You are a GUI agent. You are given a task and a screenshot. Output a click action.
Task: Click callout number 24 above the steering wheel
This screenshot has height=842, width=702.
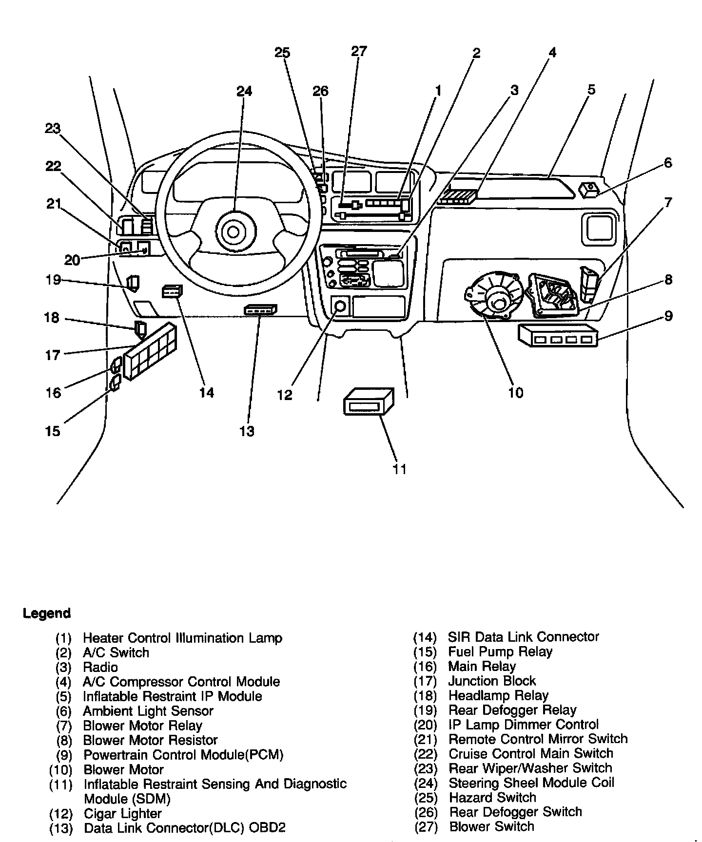coord(244,91)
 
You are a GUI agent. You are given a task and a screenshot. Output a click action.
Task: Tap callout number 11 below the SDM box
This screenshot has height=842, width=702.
coord(399,469)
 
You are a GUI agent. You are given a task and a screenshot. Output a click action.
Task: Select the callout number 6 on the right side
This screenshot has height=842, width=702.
coord(667,163)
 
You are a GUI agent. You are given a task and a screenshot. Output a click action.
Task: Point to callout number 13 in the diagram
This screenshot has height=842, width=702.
coord(247,431)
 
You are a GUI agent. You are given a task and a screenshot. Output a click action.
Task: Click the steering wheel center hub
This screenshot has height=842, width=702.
coord(233,232)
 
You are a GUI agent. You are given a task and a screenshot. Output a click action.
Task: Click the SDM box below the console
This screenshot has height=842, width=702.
coord(369,402)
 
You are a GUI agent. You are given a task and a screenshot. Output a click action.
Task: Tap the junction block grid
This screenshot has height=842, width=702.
coord(150,351)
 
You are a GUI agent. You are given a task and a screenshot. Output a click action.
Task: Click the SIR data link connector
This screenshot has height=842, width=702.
coord(172,291)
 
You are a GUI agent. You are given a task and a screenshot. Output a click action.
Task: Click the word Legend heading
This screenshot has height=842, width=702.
coord(47,613)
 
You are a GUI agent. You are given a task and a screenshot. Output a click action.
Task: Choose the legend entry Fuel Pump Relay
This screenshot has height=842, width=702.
coord(500,652)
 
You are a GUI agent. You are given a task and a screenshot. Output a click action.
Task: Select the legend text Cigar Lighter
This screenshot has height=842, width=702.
coord(122,814)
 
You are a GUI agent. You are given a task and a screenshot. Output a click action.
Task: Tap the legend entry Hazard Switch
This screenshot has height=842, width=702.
coord(492,798)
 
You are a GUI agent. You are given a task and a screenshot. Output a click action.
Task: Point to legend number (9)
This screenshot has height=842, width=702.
coord(64,755)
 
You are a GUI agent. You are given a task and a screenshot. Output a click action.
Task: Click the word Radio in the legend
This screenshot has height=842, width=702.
coord(100,667)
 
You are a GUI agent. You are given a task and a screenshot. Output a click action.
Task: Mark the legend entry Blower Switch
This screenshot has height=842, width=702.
coord(491,827)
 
